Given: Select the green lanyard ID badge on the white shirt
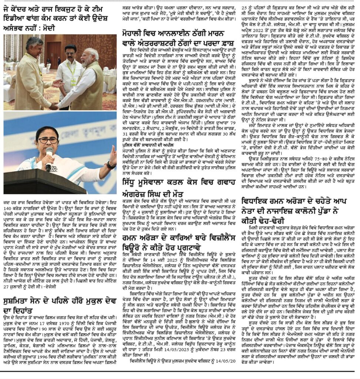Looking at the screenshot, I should click(x=73, y=77).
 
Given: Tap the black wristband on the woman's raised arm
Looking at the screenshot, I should click(x=110, y=165).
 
